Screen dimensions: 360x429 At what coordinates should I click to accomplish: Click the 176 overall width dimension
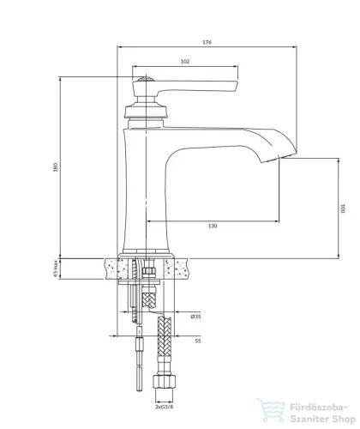[207, 42]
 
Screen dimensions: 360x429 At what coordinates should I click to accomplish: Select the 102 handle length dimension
[185, 62]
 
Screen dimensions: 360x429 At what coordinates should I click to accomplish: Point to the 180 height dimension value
[56, 167]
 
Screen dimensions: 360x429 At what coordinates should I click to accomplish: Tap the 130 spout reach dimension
[213, 226]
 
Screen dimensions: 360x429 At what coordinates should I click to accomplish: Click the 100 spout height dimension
[343, 208]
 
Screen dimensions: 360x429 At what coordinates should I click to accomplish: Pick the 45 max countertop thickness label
[56, 269]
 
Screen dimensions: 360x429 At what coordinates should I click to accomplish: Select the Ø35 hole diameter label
[195, 317]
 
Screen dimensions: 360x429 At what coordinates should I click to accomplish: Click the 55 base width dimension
[198, 341]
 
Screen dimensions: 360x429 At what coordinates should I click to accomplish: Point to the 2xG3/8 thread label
[165, 407]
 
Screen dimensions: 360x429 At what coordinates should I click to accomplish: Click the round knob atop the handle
[146, 79]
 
